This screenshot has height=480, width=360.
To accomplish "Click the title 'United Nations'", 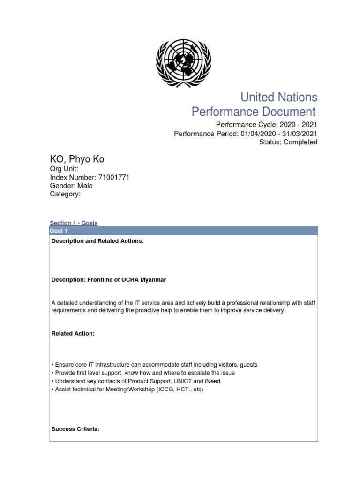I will pyautogui.click(x=278, y=97).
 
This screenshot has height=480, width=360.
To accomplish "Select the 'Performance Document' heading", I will pyautogui.click(x=254, y=112).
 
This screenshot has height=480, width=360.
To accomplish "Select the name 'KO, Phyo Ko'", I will pyautogui.click(x=77, y=159).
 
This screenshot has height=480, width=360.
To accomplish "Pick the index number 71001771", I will pyautogui.click(x=114, y=177).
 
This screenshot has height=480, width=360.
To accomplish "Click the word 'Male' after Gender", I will pyautogui.click(x=85, y=186).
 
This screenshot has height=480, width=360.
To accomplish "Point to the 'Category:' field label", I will pyautogui.click(x=65, y=194).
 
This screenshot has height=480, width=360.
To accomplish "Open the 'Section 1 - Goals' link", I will pyautogui.click(x=74, y=223).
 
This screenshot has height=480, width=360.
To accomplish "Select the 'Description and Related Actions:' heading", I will pyautogui.click(x=97, y=241).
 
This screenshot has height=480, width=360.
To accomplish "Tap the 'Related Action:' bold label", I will pyautogui.click(x=73, y=333).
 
